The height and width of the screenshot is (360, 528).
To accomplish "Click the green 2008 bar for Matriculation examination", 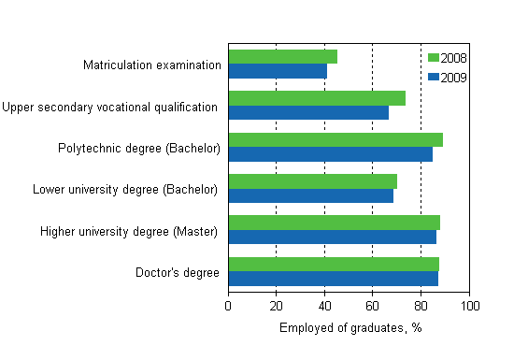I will coord(282,57).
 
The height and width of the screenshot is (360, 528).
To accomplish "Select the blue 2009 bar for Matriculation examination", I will coord(278,71).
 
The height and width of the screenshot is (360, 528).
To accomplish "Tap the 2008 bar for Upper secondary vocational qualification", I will coord(317,98).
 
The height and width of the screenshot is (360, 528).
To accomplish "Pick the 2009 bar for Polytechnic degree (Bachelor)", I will coord(330,154).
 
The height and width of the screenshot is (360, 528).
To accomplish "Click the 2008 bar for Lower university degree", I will coord(312,181).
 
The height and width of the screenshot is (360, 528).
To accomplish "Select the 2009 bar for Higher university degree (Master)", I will coord(332,237).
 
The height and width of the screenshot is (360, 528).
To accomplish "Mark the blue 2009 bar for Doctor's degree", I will coord(333,278).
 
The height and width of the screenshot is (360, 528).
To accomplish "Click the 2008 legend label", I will coord(454,58).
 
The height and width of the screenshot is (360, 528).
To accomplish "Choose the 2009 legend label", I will coord(454,77).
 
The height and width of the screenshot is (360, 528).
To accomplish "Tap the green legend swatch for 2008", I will coord(433,58).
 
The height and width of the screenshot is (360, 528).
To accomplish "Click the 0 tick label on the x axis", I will coord(229,306).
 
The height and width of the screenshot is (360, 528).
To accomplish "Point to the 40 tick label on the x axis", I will coord(324,306).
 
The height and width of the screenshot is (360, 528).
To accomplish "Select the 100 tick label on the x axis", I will coord(469,306).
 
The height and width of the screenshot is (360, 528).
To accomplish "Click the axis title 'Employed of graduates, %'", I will coord(350,327).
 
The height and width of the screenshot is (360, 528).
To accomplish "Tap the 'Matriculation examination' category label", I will coord(152,65).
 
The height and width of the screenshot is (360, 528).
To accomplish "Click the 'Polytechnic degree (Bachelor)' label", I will coord(139,148).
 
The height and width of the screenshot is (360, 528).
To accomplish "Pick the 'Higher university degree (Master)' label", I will coord(129,231).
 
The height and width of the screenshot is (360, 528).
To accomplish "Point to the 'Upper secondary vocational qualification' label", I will coord(110,107).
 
